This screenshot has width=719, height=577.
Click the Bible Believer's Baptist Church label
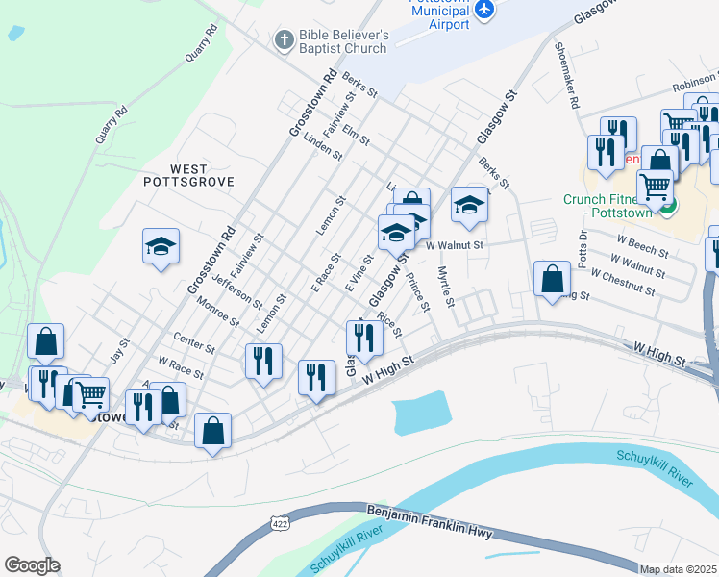343,39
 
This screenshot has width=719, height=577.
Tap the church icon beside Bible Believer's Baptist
284,39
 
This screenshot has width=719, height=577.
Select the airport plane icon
484,10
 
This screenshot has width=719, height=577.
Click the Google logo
32,565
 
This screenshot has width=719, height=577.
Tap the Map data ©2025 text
679,569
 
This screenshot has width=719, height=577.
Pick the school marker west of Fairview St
161,246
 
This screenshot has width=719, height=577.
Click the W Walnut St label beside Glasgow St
453,245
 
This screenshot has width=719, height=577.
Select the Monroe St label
217,311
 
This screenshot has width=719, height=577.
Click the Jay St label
120,347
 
